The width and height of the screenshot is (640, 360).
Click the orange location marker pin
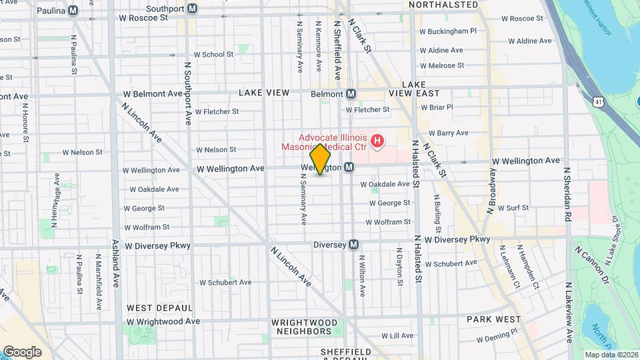click(x=321, y=159)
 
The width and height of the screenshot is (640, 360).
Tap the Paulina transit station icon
click(x=73, y=10)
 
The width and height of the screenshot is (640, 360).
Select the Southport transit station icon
click(x=193, y=9)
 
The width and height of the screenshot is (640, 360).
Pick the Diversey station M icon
click(x=353, y=245)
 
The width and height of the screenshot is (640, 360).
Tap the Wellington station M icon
click(x=349, y=167)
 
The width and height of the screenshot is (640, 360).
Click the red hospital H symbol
click(x=377, y=141)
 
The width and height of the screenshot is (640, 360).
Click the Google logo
click(x=22, y=351)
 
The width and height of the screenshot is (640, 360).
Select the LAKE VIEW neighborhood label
click(x=263, y=93)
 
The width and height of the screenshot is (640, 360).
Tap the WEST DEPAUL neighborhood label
click(x=159, y=308)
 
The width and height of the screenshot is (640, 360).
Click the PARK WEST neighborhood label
click(x=493, y=319)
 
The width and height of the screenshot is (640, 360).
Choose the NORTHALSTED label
click(x=443, y=5)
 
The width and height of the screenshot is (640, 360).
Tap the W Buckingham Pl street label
click(x=447, y=31)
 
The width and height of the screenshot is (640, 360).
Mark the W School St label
click(x=213, y=55)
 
